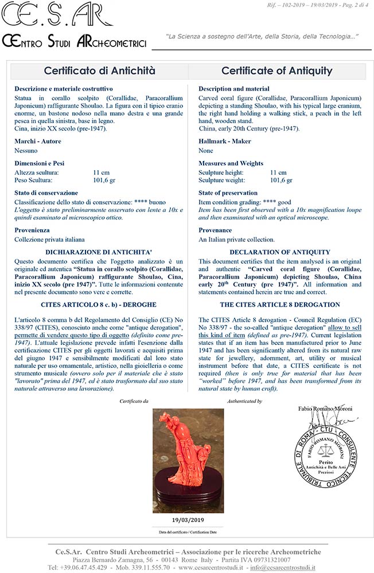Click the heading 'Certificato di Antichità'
[100, 71]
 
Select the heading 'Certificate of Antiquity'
[276, 71]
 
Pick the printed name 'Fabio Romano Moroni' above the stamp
[325, 409]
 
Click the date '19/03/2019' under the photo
[188, 520]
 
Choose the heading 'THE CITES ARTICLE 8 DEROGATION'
[280, 304]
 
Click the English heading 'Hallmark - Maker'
[223, 141]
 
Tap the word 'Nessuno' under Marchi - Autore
[26, 151]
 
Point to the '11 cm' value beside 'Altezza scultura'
[101, 172]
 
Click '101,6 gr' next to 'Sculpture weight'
[281, 180]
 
